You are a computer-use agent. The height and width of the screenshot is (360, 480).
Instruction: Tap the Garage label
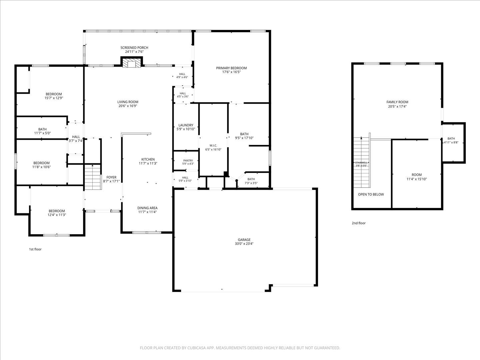pos(244,240)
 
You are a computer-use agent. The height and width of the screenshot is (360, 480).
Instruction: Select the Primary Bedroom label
pos(231,68)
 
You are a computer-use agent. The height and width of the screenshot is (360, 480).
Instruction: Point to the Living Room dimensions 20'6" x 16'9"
pos(128,106)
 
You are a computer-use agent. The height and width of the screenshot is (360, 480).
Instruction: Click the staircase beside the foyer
pos(93,177)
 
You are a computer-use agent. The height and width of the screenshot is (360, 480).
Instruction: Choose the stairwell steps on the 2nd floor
pos(362,162)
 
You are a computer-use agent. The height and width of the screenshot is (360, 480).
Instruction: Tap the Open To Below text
pos(371,194)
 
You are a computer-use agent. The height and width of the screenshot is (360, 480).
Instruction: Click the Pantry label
pos(188,160)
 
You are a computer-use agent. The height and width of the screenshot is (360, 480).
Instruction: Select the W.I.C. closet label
pos(213,146)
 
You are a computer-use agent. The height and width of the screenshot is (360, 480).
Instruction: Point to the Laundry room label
pos(186,125)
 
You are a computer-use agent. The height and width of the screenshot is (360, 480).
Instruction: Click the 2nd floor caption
pos(359,223)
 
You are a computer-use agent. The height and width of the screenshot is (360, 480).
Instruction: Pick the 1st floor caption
pos(35,249)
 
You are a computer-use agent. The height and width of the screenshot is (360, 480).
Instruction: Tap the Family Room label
pos(397,102)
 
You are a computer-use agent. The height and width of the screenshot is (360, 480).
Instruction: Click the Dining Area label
pos(147,208)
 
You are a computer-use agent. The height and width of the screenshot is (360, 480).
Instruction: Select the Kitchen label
pos(148,159)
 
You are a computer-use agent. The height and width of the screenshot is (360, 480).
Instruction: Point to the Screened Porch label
pos(134,48)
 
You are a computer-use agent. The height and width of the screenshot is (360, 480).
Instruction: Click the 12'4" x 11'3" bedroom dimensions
pos(57,215)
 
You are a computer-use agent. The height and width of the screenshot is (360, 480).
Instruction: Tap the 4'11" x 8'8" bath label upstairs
pos(451,143)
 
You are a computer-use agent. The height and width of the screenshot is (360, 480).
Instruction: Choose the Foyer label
pos(111,177)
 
